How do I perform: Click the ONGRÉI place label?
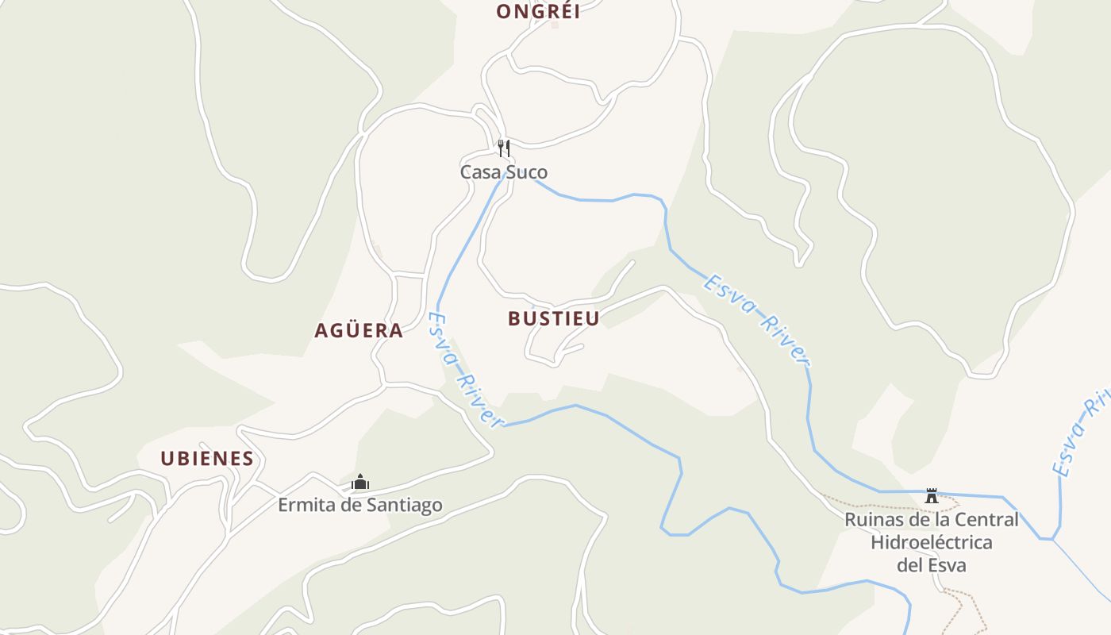coord(537,11)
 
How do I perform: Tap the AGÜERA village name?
coord(359,331)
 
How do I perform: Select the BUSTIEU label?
coord(553,318)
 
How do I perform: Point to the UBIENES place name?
coord(207,458)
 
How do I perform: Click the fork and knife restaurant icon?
coord(503,148)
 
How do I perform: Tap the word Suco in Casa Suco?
coord(526,172)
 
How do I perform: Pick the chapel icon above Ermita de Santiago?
coord(360,482)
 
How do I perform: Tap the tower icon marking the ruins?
coord(931,495)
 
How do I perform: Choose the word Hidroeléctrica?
coord(932,543)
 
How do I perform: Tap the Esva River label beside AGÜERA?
coord(466,369)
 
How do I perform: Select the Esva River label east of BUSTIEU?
coord(756,320)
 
